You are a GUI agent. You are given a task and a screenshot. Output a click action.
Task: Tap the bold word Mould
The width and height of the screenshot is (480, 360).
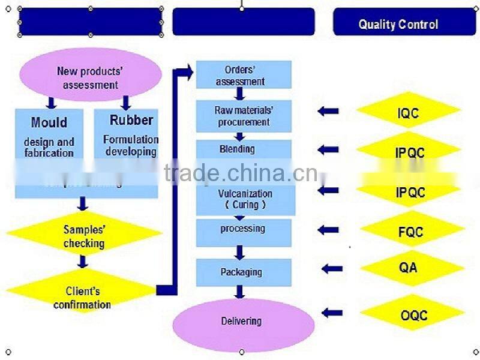tap(49, 122)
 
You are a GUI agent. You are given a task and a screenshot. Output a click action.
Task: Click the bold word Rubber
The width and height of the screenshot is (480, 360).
tap(131, 120)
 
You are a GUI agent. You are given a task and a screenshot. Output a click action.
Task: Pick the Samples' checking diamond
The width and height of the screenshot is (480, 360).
tap(83, 236)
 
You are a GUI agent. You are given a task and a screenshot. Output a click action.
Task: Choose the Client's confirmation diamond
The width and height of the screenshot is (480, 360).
tap(82, 298)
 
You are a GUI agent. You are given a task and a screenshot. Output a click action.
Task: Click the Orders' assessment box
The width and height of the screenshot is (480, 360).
tap(244, 75)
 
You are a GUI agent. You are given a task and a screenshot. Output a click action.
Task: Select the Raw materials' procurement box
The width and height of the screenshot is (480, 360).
tap(244, 116)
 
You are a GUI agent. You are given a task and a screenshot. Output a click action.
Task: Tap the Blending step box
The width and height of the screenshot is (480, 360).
tap(244, 149)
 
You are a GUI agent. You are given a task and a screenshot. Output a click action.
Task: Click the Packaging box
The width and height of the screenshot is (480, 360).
tap(244, 272)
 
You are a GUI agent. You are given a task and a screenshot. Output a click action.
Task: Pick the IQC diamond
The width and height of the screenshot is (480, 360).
tap(408, 112)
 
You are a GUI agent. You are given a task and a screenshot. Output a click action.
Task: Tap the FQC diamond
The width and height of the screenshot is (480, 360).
tap(411, 231)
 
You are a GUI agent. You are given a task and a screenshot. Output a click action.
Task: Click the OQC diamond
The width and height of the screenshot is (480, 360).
tap(413, 314)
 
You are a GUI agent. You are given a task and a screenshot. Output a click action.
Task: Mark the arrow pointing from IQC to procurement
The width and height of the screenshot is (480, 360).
tap(328, 111)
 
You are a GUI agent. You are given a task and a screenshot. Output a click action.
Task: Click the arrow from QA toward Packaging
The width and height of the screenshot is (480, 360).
tap(332, 269)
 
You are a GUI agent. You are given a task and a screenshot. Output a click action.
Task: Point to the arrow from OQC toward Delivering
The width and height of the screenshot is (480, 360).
tap(332, 313)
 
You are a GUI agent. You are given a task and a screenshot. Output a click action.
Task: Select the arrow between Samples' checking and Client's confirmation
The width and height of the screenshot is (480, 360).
tap(83, 262)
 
